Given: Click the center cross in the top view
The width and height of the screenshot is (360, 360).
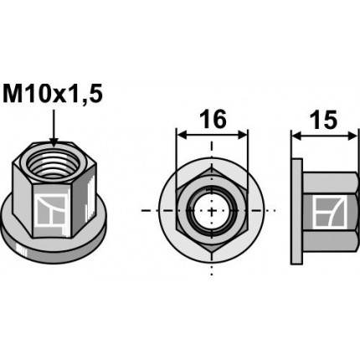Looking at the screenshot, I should coord(213,210).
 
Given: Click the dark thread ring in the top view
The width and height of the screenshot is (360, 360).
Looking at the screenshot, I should coord(198,210).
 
